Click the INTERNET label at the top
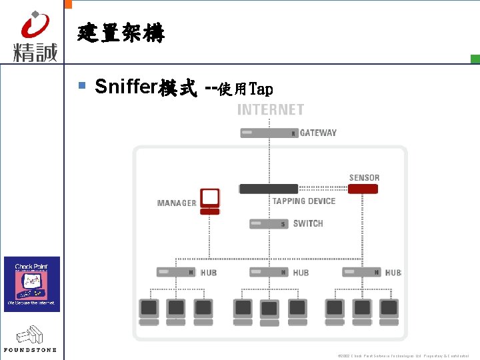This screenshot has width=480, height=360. pyautogui.click(x=271, y=110)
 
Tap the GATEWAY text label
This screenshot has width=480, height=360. pyautogui.click(x=318, y=133)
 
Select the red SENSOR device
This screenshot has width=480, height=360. pyautogui.click(x=363, y=189)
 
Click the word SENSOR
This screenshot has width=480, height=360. pyautogui.click(x=364, y=178)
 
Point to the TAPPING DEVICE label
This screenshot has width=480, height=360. pyautogui.click(x=304, y=201)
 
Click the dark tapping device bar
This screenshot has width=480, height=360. pyautogui.click(x=269, y=189)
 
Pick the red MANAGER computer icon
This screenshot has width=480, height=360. pyautogui.click(x=210, y=199)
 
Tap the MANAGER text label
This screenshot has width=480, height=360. pyautogui.click(x=177, y=203)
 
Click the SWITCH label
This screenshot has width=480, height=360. pyautogui.click(x=308, y=224)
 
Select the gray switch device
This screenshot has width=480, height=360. pyautogui.click(x=269, y=224)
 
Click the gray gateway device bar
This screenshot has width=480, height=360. pyautogui.click(x=269, y=133)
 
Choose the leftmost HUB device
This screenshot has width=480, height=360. pyautogui.click(x=176, y=272)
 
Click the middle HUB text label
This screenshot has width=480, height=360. pyautogui.click(x=301, y=273)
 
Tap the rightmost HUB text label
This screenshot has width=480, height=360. pyautogui.click(x=393, y=273)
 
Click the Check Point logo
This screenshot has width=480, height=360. pyautogui.click(x=32, y=283)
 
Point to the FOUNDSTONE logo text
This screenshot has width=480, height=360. pyautogui.click(x=31, y=349)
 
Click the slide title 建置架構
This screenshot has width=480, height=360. pyautogui.click(x=120, y=32)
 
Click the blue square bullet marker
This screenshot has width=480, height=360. pyautogui.click(x=82, y=85)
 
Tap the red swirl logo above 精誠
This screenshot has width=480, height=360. pyautogui.click(x=35, y=26)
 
